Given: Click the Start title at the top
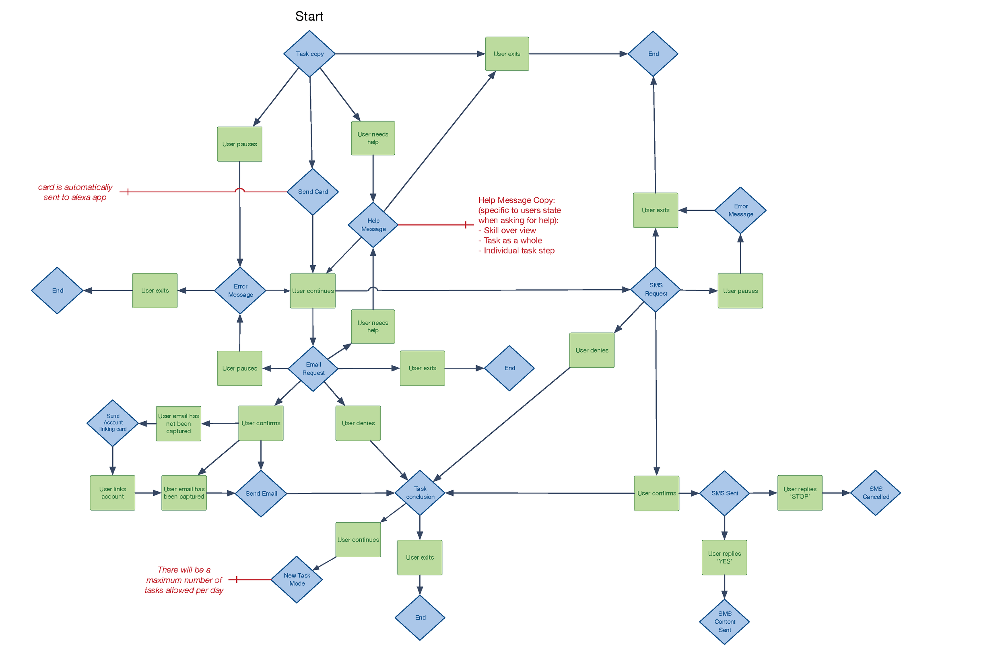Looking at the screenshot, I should point(309,16).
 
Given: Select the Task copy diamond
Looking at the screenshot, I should point(309,54).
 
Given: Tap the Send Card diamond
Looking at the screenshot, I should point(313,192).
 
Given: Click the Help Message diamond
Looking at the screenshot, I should point(373,225).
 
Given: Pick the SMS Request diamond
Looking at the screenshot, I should point(656,290).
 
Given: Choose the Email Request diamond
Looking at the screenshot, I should point(313,369).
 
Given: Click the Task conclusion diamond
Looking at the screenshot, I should point(420,493).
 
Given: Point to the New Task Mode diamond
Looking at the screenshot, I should point(297,579).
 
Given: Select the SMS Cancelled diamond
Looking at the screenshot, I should point(875,493).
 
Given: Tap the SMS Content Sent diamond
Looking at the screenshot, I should point(724,622).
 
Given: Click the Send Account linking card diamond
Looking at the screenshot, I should point(113,423).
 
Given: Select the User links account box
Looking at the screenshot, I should point(112,493).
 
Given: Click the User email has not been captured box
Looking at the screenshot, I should point(178,424).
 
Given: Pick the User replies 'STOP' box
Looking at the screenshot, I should point(800,493).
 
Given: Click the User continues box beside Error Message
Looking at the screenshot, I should point(313,291).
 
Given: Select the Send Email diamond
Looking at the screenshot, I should point(261,493).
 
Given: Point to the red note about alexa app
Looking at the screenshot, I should point(75,192).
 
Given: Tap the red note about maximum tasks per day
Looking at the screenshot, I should point(184,580).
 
